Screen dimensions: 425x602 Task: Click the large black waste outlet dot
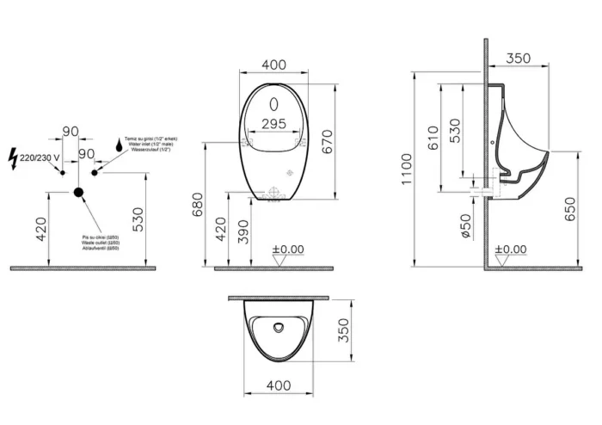79,193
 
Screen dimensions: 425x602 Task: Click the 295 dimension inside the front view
273,124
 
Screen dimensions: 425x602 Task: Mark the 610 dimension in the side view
433,138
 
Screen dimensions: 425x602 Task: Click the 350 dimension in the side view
518,59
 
